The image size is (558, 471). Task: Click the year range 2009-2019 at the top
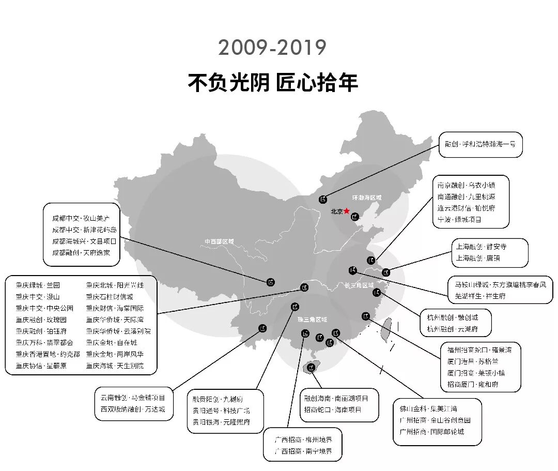point(272,48)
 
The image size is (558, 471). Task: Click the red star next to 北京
point(347,211)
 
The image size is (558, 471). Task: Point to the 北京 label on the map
point(337,211)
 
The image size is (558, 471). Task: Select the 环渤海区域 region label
point(366,198)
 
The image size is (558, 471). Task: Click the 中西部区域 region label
point(219,241)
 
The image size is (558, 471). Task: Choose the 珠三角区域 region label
point(312,320)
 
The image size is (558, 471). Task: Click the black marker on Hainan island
point(311,368)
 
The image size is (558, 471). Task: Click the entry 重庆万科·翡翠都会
point(44,342)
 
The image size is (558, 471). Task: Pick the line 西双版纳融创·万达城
point(133,409)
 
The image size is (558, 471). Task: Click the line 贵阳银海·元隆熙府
point(221,422)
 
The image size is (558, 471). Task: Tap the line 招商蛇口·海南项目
point(333,410)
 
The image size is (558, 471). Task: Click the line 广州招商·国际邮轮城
point(432,432)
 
